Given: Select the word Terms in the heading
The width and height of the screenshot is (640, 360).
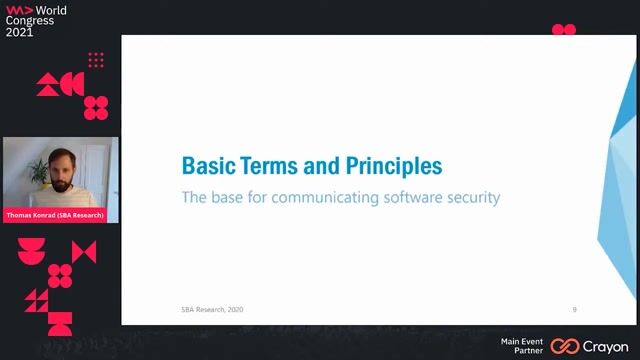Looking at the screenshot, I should click(272, 165).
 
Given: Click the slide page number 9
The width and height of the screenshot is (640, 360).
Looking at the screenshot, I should click(574, 309).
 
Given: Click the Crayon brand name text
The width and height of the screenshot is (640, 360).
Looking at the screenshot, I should click(605, 346).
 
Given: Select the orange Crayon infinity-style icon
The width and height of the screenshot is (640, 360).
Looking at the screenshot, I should click(565, 346).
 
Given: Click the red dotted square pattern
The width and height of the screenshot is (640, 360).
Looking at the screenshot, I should click(96, 61).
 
